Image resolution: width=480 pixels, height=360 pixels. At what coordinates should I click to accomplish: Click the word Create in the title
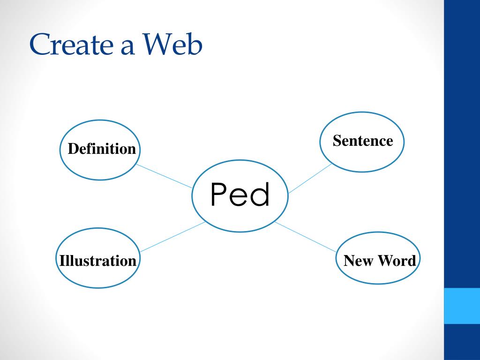coord(69,45)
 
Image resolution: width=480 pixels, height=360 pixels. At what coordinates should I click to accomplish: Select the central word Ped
coord(240,195)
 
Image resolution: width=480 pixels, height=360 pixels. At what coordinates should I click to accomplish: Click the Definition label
coord(102,149)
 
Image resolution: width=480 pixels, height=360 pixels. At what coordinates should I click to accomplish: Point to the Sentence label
coord(363,141)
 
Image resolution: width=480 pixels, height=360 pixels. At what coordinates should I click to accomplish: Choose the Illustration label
coord(97,261)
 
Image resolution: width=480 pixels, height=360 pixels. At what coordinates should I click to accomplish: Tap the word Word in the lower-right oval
coord(397,261)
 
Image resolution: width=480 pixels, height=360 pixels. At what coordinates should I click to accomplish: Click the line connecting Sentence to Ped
coord(310,179)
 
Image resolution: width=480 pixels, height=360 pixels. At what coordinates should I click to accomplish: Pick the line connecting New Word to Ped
coord(306,237)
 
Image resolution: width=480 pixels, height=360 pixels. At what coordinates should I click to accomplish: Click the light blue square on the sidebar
coord(462,306)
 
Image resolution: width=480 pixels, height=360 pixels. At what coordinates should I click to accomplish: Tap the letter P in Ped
coord(219,195)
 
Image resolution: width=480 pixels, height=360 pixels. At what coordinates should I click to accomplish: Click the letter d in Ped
coord(261,194)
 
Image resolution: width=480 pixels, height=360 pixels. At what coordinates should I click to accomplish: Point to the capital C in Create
coord(40,45)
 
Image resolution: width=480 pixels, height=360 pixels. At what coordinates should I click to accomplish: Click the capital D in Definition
coord(73,149)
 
